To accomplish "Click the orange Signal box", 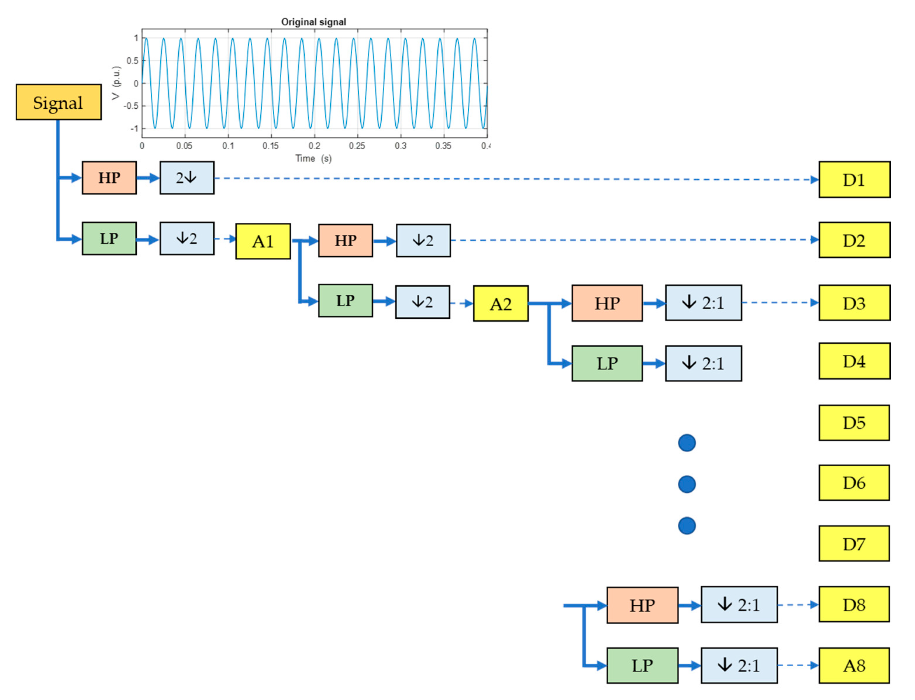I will (58, 102).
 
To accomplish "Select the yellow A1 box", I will (262, 241).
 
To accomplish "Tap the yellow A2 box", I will (500, 304).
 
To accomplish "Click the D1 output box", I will (854, 180).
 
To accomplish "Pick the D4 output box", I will (854, 361).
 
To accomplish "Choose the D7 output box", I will (853, 544).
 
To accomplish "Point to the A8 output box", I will (853, 665).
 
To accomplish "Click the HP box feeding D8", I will (642, 605).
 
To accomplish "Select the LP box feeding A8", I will (642, 665).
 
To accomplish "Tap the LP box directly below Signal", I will (109, 238).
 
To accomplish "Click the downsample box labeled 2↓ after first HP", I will (187, 178).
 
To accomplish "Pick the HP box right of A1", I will (345, 240).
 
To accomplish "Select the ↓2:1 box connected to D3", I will (703, 303).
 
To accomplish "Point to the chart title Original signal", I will (313, 22).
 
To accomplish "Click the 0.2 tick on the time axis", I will (314, 146).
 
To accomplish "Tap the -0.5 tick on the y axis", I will (131, 106).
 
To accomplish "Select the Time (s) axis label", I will (313, 159).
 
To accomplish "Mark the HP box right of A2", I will (607, 303).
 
